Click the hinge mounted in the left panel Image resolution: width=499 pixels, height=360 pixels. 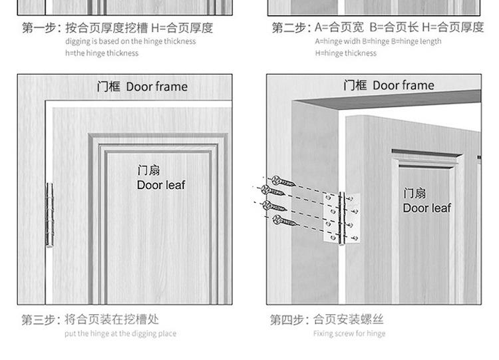click(49, 214)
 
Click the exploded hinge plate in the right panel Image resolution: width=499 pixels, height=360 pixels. click(342, 217)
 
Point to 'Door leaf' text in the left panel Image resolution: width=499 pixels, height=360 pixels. click(160, 185)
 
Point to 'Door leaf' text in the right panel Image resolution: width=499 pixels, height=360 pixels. click(426, 208)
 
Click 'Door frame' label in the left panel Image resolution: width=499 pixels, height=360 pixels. click(142, 87)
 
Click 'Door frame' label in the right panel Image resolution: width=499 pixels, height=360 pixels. click(389, 85)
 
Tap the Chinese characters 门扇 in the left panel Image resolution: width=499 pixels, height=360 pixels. click(148, 171)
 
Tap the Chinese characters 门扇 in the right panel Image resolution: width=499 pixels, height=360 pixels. click(415, 194)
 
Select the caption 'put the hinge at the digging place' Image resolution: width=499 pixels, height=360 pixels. click(120, 333)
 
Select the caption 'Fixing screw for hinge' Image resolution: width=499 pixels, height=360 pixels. click(349, 333)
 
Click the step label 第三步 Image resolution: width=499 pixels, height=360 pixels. click(37, 320)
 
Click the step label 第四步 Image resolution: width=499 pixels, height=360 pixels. click(285, 320)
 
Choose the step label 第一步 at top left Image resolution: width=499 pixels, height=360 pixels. click(37, 28)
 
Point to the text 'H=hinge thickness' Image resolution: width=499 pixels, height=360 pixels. click(345, 53)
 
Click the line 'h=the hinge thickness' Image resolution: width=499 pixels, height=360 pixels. click(101, 53)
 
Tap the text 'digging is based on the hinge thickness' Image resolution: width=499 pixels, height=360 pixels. click(130, 41)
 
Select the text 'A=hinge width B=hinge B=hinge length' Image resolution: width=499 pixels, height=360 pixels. click(377, 41)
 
